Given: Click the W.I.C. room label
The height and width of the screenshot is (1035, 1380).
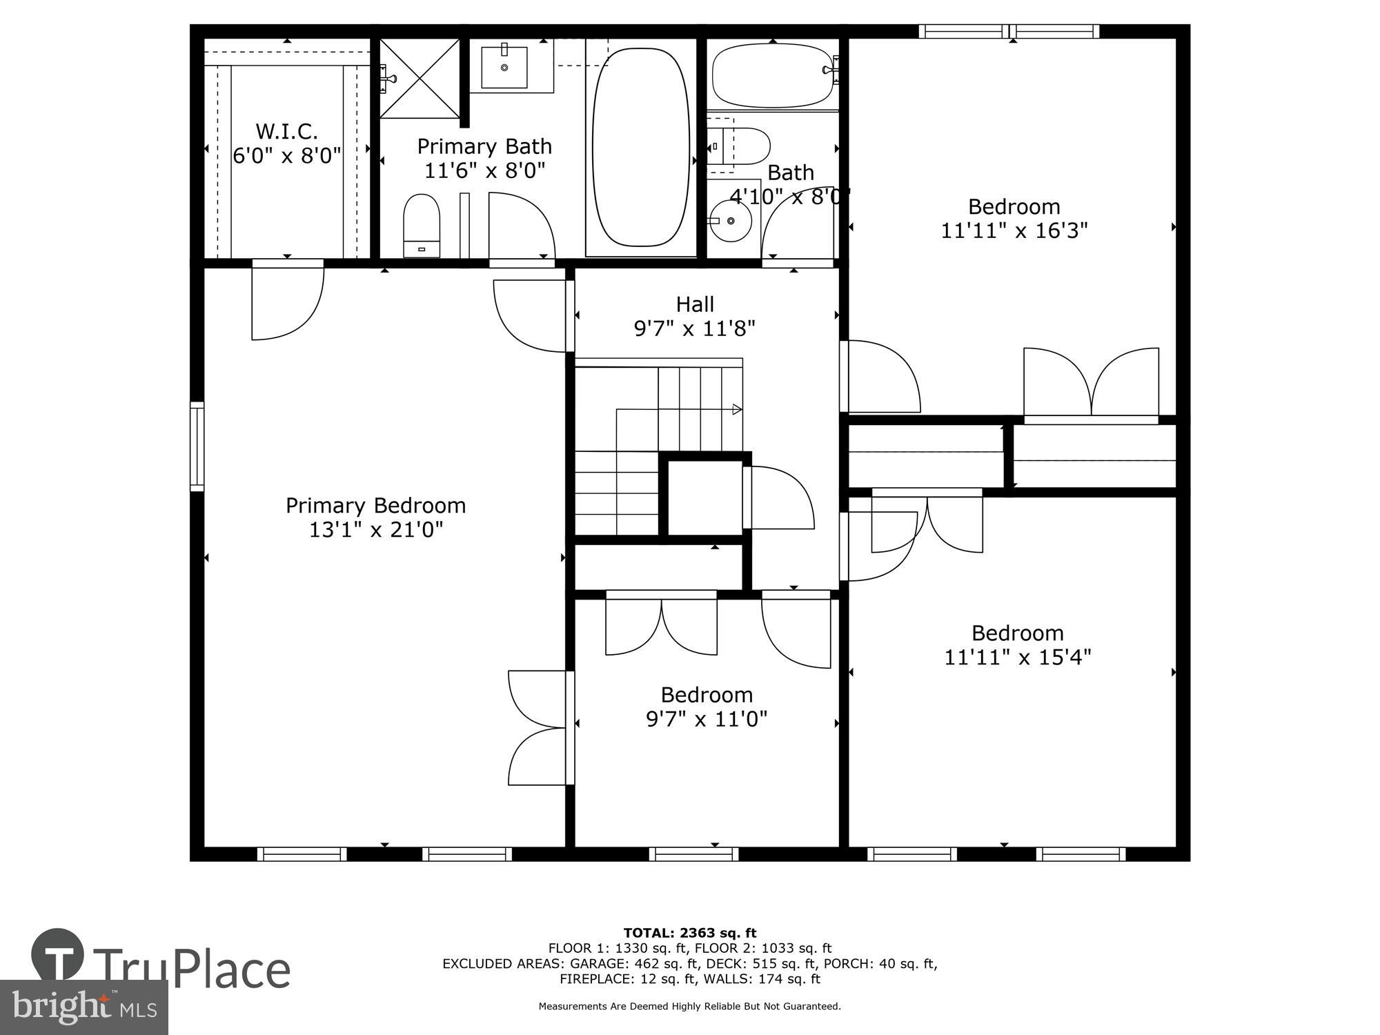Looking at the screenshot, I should click(286, 131).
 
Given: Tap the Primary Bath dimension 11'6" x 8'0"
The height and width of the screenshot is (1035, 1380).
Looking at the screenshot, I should click(484, 170).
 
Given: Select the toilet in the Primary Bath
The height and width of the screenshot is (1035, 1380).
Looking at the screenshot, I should click(422, 224).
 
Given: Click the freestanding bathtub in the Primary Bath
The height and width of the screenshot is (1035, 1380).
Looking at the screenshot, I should click(641, 146).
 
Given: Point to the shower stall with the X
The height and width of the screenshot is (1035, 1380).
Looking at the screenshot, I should click(420, 78).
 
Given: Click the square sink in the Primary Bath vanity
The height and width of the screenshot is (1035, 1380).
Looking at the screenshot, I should click(504, 68).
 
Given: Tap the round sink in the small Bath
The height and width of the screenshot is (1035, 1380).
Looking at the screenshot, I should click(731, 221).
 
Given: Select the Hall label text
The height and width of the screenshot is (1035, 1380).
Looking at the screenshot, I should click(694, 304).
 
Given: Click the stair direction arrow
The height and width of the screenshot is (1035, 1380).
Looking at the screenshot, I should click(737, 409).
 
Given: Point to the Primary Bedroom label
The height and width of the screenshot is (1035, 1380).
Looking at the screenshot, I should click(375, 506).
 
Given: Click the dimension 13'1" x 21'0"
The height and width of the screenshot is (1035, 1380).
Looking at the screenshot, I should click(375, 530).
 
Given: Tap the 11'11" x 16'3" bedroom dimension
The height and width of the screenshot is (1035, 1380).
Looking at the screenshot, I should click(1014, 230).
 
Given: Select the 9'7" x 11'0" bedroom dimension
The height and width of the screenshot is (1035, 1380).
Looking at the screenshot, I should click(706, 720).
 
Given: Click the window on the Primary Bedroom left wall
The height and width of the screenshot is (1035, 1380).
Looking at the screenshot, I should click(197, 446).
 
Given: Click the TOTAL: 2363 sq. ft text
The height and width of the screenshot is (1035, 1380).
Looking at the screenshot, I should click(689, 934).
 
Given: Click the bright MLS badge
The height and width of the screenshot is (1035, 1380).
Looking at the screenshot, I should click(84, 1007).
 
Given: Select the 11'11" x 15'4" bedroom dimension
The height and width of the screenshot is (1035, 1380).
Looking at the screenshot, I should click(1017, 657).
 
